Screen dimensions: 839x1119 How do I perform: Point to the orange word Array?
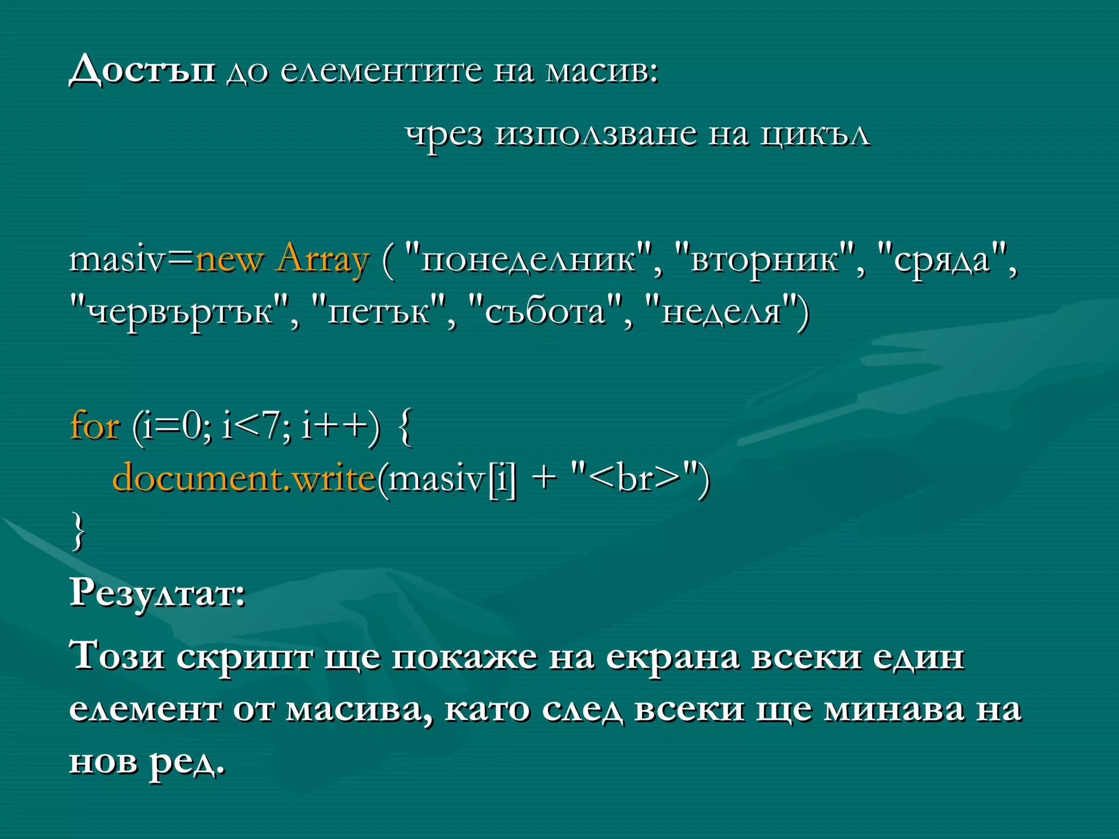[x=323, y=260]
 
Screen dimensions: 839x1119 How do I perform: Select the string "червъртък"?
[x=180, y=312]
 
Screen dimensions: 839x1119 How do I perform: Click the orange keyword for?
[x=95, y=426]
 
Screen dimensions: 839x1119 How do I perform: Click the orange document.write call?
[x=244, y=478]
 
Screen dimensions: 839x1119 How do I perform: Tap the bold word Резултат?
[x=157, y=593]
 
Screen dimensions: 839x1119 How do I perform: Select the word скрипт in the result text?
[x=244, y=657]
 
